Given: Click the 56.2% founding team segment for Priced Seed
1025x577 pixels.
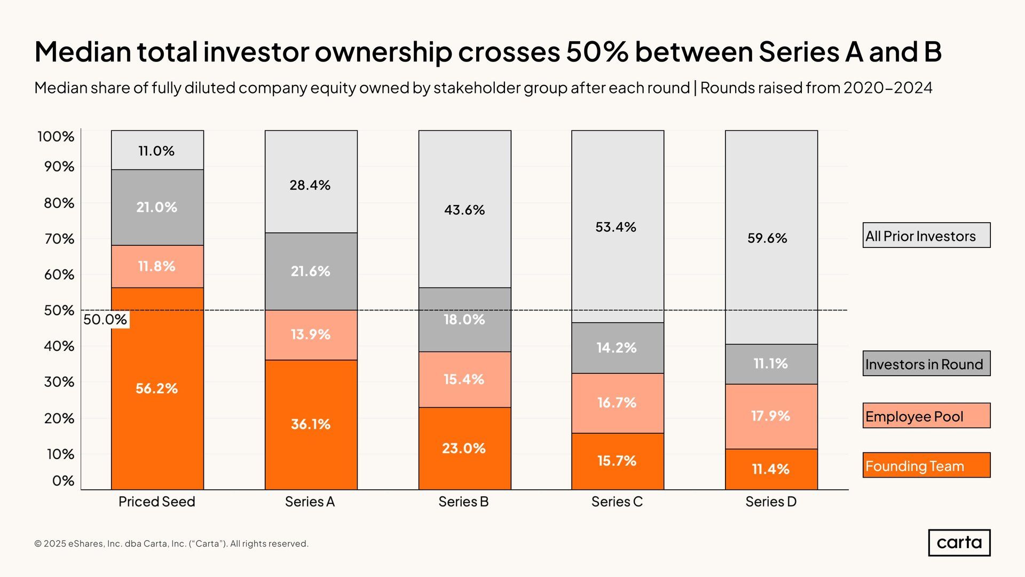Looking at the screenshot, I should (x=157, y=388).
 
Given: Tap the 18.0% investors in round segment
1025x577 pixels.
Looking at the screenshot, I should (x=464, y=319).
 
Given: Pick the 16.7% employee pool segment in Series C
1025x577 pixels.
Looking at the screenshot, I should (x=617, y=403).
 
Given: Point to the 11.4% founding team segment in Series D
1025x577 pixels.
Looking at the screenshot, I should (x=771, y=469).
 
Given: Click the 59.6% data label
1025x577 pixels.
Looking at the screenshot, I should (x=767, y=238).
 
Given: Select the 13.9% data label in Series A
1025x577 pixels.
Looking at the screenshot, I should (x=311, y=334).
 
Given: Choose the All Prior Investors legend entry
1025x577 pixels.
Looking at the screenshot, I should (x=926, y=236).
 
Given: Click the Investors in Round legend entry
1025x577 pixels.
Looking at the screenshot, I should (x=926, y=364).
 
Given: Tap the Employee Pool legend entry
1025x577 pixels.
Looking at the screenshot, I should (x=926, y=416).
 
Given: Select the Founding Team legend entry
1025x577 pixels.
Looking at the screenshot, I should (x=926, y=465).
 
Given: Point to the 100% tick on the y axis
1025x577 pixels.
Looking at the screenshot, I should (x=56, y=137).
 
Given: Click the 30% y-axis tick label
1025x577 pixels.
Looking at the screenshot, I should (x=59, y=382).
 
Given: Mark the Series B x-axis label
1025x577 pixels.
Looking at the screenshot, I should (x=463, y=502).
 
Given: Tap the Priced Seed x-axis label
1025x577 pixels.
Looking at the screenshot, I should (x=157, y=502).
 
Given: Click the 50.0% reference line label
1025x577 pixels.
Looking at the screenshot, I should (x=105, y=319).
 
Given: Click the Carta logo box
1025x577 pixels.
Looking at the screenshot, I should (x=959, y=542).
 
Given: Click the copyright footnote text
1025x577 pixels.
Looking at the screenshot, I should (x=171, y=544).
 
